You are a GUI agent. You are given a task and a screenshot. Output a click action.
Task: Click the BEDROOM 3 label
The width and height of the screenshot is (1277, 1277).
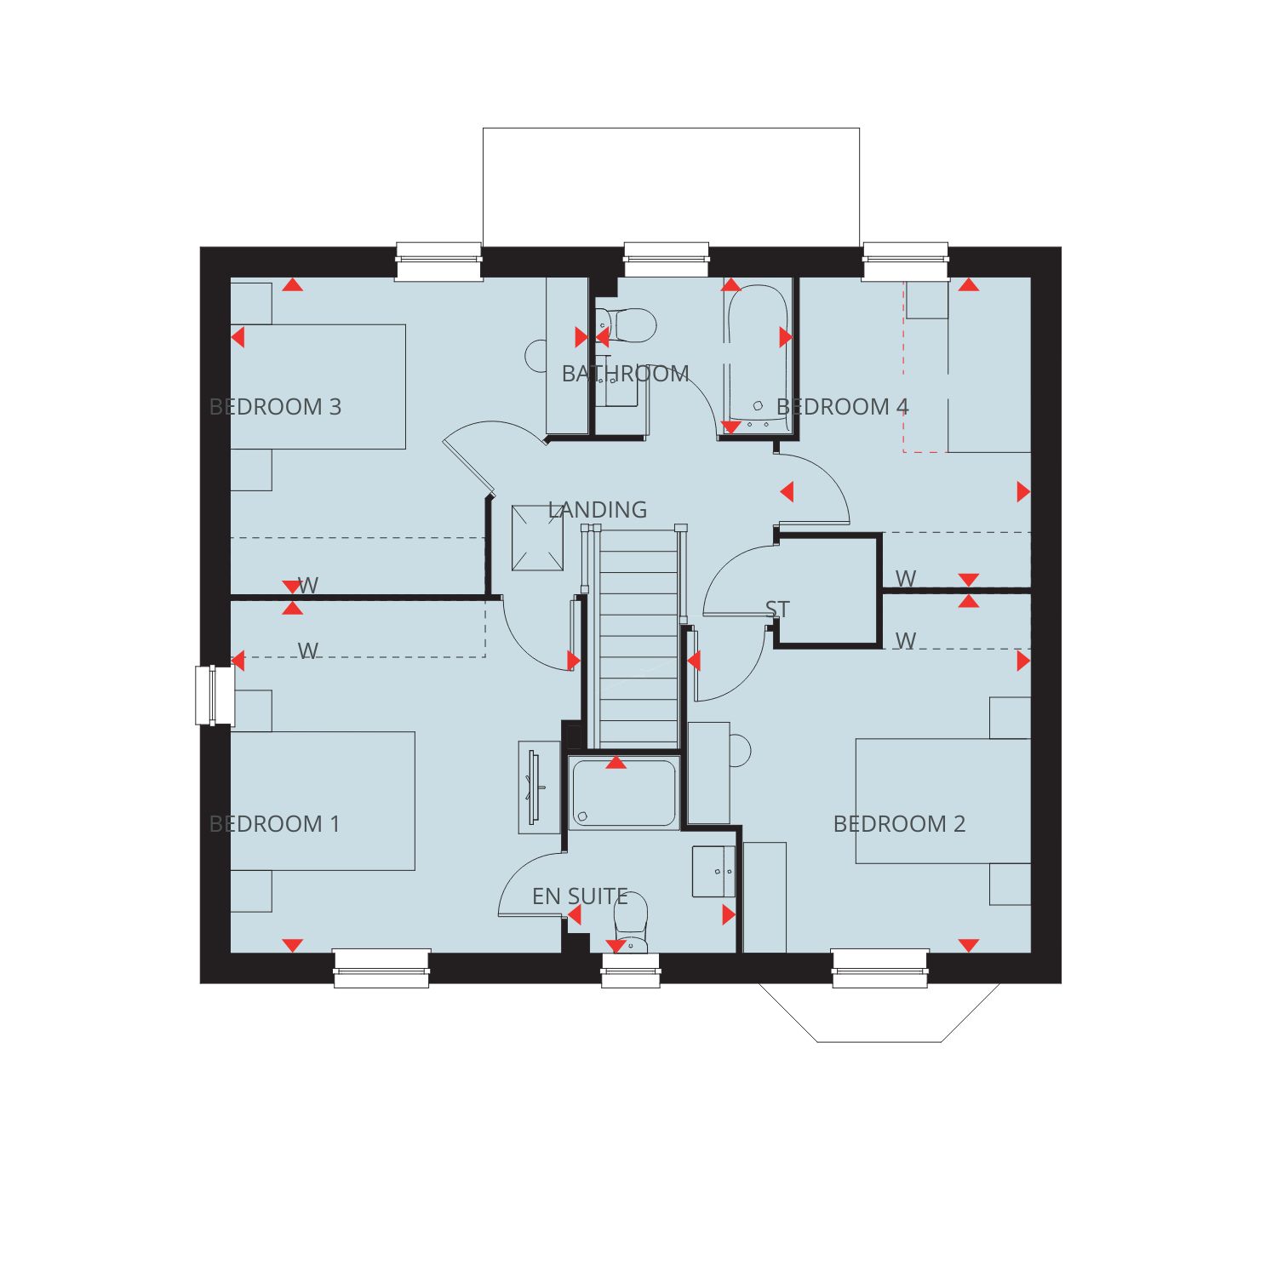point(275,407)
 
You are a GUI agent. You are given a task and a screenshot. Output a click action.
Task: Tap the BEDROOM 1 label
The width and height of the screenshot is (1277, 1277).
point(274,824)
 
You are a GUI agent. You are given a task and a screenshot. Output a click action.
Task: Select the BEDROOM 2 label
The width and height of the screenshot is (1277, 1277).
point(899,824)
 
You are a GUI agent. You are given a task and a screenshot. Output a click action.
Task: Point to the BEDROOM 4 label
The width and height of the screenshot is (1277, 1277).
point(843,407)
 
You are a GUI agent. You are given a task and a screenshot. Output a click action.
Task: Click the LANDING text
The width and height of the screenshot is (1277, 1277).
point(598,510)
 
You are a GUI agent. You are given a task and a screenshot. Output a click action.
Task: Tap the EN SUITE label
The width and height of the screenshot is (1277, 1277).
point(580,896)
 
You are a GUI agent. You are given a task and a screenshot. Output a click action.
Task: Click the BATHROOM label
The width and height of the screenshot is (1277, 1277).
point(626,374)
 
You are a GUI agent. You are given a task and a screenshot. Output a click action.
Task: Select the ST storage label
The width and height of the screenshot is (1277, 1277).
point(777,610)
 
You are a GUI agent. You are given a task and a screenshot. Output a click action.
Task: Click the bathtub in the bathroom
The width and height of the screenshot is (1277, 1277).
point(757,358)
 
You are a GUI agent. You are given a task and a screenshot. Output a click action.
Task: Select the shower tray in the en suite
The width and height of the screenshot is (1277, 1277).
point(624,793)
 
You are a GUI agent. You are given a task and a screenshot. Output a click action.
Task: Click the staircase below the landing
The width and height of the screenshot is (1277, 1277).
point(638,638)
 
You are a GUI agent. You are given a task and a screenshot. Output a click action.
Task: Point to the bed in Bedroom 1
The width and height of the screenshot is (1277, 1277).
point(323,801)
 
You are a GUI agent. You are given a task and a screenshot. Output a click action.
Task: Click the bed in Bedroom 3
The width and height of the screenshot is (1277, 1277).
point(318,387)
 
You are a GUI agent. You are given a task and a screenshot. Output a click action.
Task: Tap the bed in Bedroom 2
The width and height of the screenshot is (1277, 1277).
point(943,801)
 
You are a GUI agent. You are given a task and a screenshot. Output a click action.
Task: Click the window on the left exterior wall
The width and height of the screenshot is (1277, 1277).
point(214,696)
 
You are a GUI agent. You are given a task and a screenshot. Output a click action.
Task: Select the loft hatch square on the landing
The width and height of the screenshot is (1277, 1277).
point(537,538)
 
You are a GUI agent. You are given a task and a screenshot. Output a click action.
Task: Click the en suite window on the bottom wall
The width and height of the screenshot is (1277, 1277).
point(631,971)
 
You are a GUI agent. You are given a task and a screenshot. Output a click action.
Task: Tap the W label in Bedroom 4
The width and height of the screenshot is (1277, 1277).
point(906,579)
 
